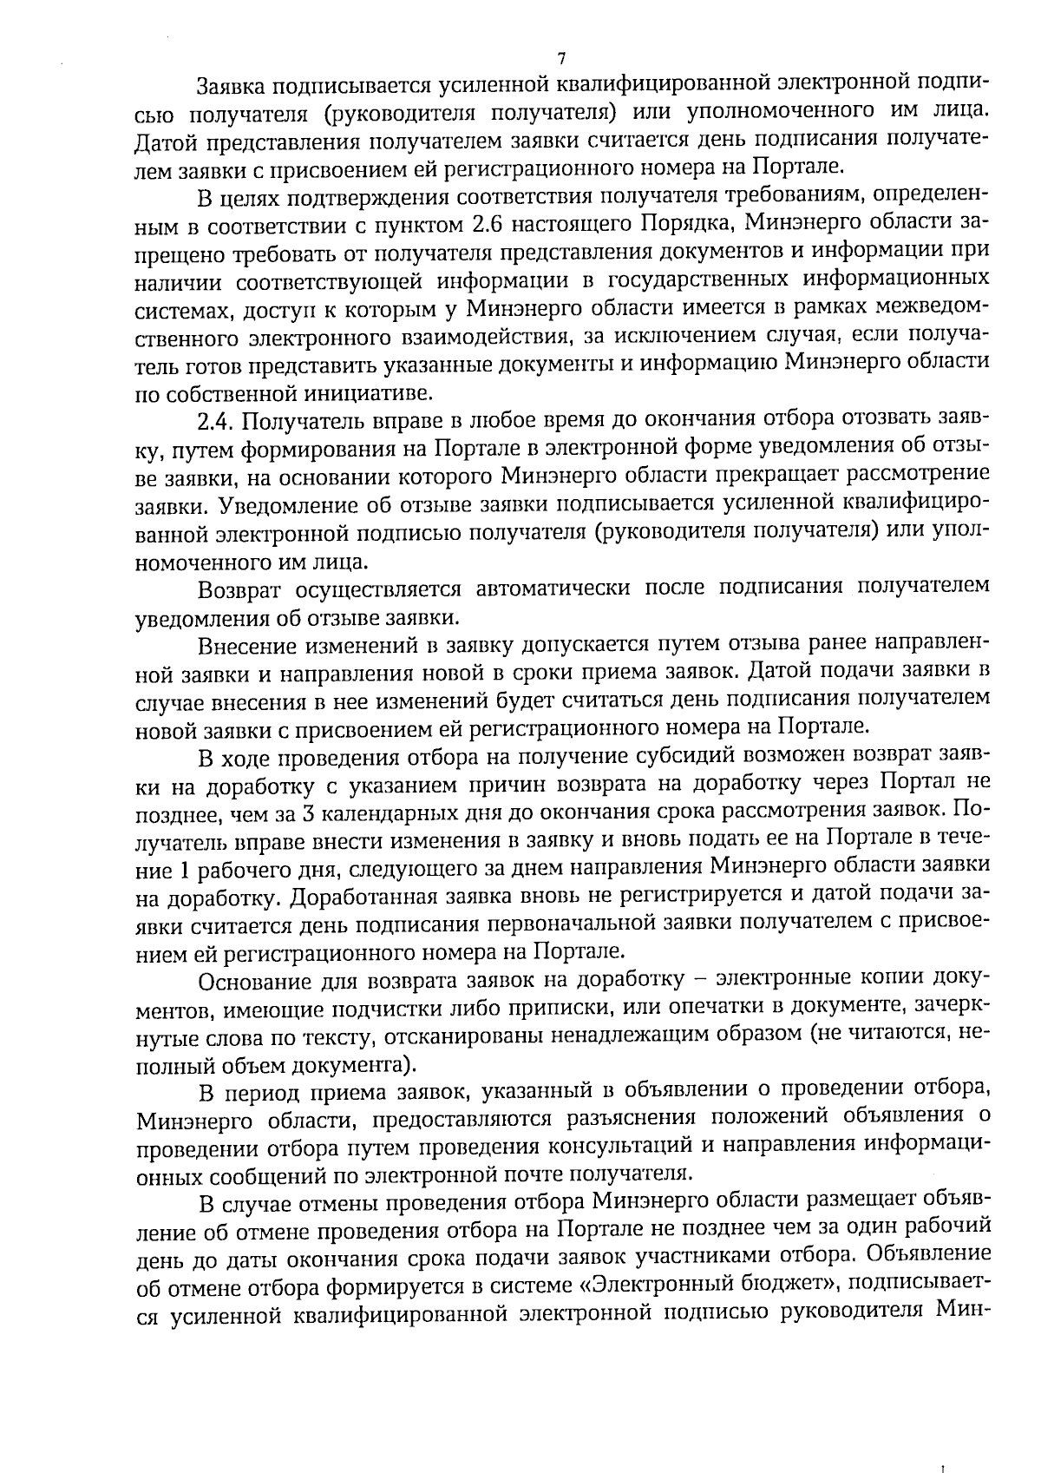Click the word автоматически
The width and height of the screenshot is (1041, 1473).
pos(553,588)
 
